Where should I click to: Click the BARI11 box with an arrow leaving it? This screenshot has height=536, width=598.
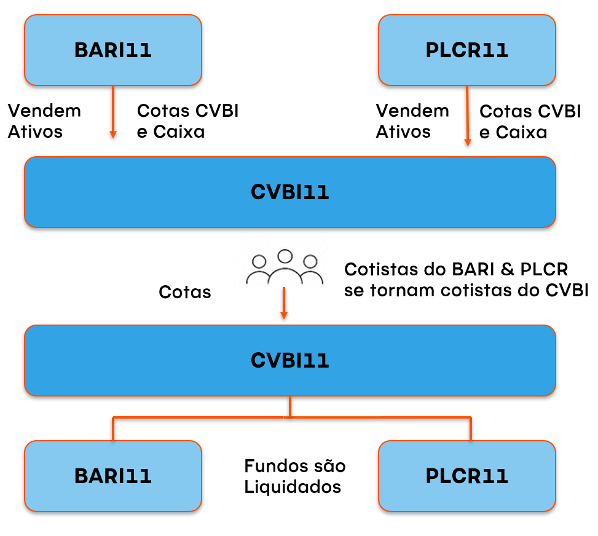113,50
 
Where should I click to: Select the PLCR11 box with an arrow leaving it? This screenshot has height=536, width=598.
467,50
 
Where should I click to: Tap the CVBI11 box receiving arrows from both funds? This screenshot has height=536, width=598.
289,192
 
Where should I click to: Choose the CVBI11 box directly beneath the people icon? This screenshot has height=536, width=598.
289,360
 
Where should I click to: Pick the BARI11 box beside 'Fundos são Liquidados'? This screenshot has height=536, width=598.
113,476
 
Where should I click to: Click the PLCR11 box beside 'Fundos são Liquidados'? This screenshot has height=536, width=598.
467,476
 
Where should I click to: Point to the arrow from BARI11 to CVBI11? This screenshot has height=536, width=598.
113,111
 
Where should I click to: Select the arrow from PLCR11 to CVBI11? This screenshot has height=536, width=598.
467,116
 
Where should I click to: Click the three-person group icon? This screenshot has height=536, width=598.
284,268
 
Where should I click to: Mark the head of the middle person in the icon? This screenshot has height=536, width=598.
284,256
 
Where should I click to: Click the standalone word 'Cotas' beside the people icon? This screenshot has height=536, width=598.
185,292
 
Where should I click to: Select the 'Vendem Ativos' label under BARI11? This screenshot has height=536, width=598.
44,121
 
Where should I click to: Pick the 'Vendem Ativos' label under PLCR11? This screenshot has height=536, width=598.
412,121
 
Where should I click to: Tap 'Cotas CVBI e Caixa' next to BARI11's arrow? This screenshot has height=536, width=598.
187,121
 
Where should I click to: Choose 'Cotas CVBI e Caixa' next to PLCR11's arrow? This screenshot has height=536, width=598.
530,122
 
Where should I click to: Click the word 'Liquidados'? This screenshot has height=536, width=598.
293,487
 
